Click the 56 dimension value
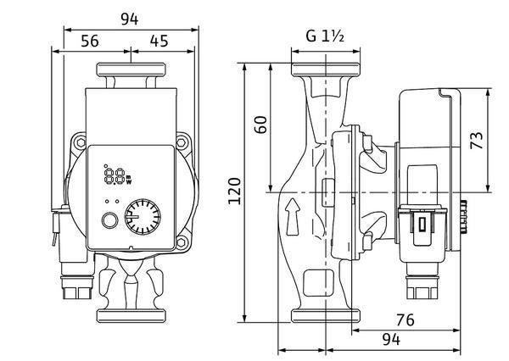(x=90, y=42)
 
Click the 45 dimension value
(x=159, y=42)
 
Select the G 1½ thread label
(x=325, y=36)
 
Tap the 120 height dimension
(x=234, y=191)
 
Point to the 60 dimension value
(x=260, y=125)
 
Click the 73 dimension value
(x=477, y=140)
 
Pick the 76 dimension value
(x=406, y=320)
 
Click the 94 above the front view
(x=130, y=19)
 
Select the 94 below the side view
(x=391, y=340)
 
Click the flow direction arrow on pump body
(x=293, y=216)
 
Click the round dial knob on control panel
(x=143, y=217)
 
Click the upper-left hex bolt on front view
(x=81, y=142)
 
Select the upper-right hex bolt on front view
(x=182, y=142)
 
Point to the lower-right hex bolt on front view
(x=182, y=242)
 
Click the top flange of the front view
(x=131, y=69)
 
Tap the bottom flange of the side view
(x=326, y=316)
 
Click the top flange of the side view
(x=326, y=69)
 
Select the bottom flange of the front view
(x=131, y=316)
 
